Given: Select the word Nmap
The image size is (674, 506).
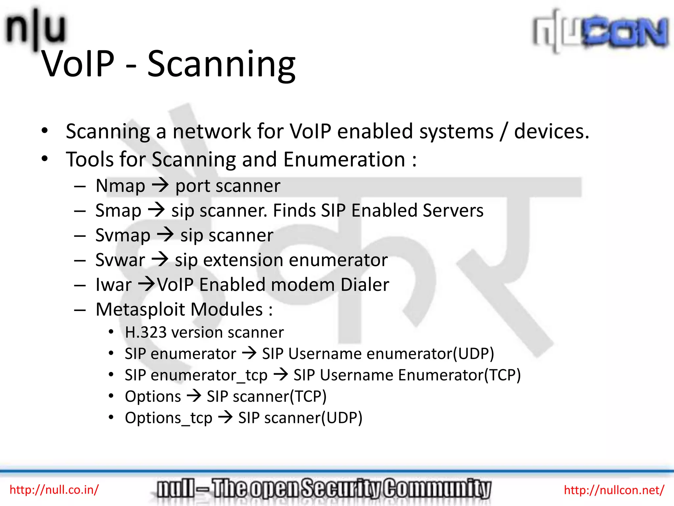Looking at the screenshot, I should point(120,186).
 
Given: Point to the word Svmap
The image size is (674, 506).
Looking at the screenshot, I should point(123,236).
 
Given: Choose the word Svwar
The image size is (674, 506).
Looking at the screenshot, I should point(120,260).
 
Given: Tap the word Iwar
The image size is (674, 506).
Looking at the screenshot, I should point(114,285).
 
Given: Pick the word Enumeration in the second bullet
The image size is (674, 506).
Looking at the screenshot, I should point(344,160).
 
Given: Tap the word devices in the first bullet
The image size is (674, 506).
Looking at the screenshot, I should point(551,131).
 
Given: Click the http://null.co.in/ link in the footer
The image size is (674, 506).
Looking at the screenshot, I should point(54,490).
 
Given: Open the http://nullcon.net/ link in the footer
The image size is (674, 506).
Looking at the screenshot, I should point(614,490).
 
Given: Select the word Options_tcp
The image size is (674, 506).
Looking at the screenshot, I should point(168,418).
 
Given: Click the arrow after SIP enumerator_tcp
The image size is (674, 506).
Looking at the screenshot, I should point(281,375).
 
